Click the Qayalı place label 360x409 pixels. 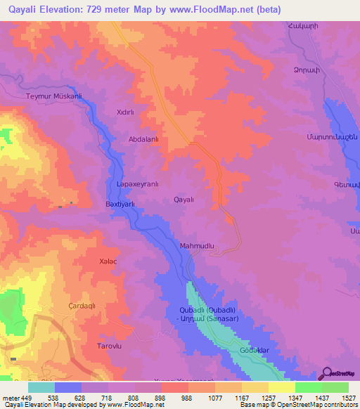pos(185,200)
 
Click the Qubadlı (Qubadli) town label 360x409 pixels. pos(207,310)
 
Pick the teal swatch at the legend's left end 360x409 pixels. pos(41,387)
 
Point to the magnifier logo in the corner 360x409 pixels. pos(326,375)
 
